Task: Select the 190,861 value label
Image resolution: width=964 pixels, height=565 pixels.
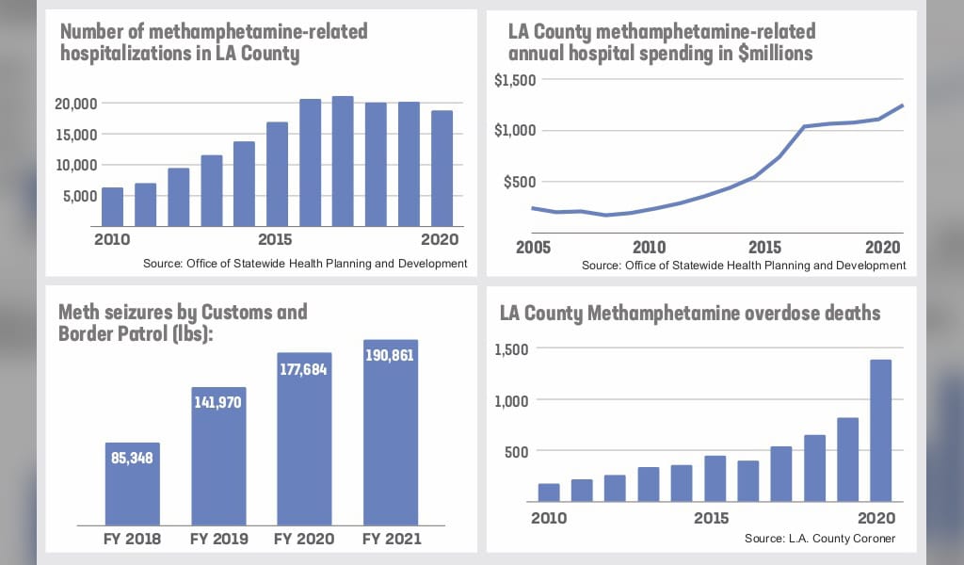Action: click(x=391, y=358)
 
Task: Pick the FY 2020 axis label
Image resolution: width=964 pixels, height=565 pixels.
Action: click(x=304, y=540)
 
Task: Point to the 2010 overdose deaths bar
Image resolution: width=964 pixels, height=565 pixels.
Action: click(x=548, y=492)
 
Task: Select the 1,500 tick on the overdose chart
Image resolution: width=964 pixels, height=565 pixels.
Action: click(x=513, y=349)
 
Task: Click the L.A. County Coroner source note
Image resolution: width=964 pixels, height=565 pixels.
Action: click(x=819, y=539)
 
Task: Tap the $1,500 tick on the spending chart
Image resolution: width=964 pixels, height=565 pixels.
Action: click(x=515, y=80)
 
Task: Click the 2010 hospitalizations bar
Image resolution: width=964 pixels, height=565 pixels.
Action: click(x=112, y=207)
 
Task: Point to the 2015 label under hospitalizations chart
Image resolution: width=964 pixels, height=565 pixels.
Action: click(x=275, y=239)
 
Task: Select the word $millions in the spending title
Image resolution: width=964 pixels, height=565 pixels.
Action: click(x=774, y=54)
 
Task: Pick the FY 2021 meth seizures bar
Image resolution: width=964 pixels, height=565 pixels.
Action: click(x=391, y=443)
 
